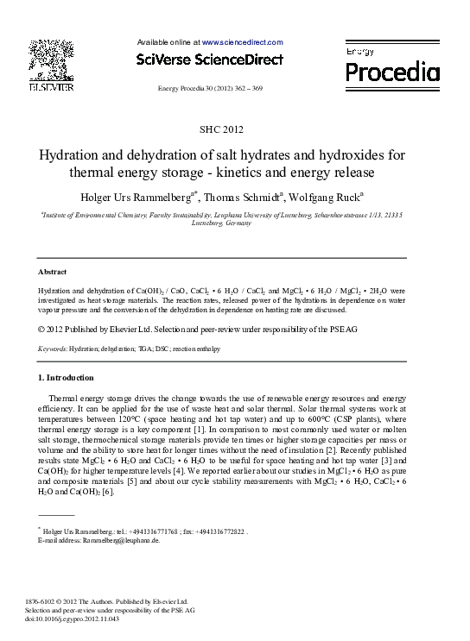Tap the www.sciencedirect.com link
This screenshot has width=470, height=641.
click(x=242, y=41)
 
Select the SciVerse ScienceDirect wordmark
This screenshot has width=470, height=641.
click(x=209, y=60)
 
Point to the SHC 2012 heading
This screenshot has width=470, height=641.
click(x=222, y=129)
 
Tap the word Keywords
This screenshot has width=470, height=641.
click(x=53, y=349)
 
